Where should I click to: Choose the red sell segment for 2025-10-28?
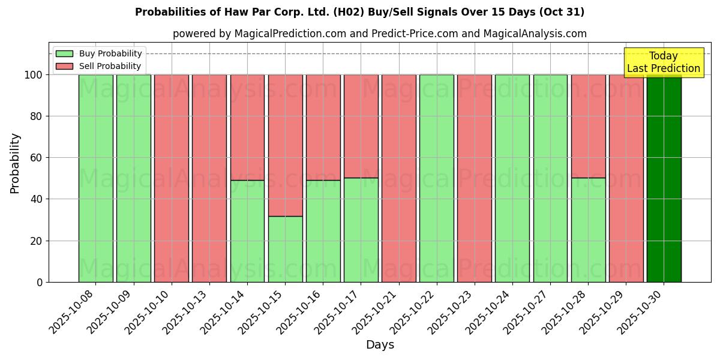point(588,126)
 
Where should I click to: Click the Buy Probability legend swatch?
point(64,54)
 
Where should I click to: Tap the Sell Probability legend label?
point(110,67)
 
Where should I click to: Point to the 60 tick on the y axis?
point(37,158)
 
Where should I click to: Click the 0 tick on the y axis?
point(40,282)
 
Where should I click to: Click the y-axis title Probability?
point(15,163)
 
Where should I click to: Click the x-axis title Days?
point(380,345)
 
